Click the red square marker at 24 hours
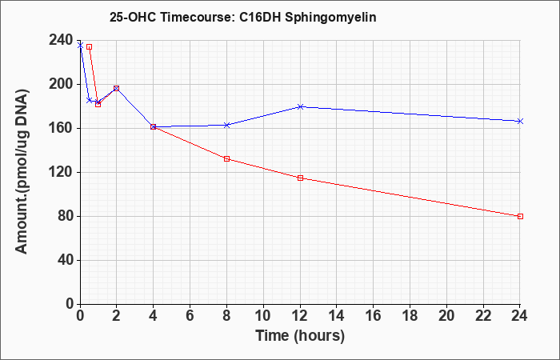pos(520,217)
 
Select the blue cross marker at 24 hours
pos(520,122)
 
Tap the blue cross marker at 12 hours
pos(300,106)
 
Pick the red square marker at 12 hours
pos(300,178)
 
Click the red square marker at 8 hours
pos(226,158)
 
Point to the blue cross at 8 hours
pos(226,125)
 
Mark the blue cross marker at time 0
pos(80,46)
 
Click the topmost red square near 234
pos(90,46)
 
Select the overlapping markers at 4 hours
pos(154,126)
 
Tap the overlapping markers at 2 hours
pos(117,88)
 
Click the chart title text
pos(243,18)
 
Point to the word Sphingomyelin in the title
pos(330,18)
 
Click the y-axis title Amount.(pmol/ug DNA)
pos(22,171)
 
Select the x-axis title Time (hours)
pos(300,336)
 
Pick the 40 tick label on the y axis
pos(66,260)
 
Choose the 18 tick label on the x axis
pos(410,315)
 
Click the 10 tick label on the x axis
pos(263,315)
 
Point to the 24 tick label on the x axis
pos(519,315)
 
